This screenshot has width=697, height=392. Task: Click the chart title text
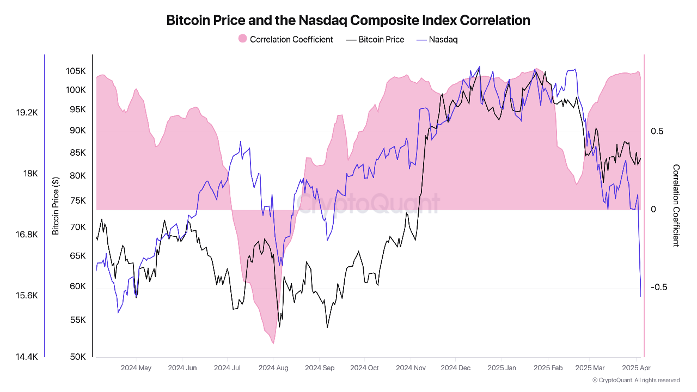point(348,20)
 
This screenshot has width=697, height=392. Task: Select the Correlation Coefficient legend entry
point(285,39)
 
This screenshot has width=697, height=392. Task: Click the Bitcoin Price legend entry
point(375,39)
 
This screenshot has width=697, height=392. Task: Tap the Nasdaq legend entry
point(437,39)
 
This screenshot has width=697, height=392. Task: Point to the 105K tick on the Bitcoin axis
point(76,71)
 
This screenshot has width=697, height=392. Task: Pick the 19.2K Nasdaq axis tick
point(27,113)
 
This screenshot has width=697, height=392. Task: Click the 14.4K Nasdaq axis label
point(27,357)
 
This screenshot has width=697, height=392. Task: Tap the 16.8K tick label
point(27,235)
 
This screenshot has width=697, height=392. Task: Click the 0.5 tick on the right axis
point(657,131)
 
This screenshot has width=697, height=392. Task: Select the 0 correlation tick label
point(653,210)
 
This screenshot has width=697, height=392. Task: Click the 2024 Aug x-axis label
point(273,368)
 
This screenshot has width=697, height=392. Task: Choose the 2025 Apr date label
point(636,368)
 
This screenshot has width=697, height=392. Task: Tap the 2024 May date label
point(136,368)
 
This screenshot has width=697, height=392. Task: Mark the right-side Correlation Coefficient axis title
point(676,206)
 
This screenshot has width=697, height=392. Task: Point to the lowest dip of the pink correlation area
point(272,344)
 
